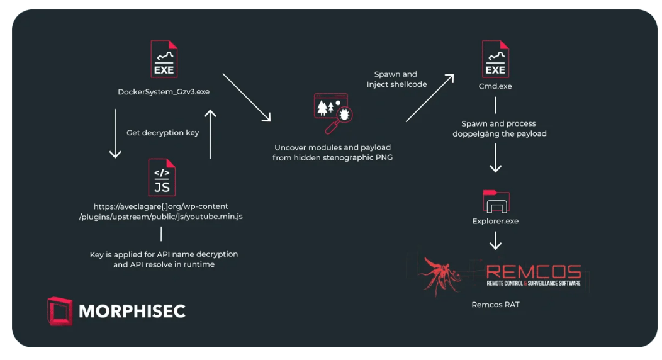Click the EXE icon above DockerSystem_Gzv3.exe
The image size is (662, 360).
(164, 59)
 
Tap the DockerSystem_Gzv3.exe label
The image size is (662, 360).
(164, 92)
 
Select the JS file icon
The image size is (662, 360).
(162, 177)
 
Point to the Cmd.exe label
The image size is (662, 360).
(495, 86)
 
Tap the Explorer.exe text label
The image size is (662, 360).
(495, 222)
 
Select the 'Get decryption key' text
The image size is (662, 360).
(162, 133)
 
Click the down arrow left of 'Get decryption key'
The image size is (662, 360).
(115, 133)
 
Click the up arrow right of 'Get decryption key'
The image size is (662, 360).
(210, 133)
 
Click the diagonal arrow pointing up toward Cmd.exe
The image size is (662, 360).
(430, 98)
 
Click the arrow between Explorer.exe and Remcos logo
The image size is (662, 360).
(495, 240)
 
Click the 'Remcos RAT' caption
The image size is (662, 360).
(495, 305)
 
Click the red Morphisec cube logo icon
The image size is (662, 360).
(60, 311)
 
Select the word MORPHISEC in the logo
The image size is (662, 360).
(132, 311)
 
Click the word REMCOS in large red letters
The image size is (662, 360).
(534, 272)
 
